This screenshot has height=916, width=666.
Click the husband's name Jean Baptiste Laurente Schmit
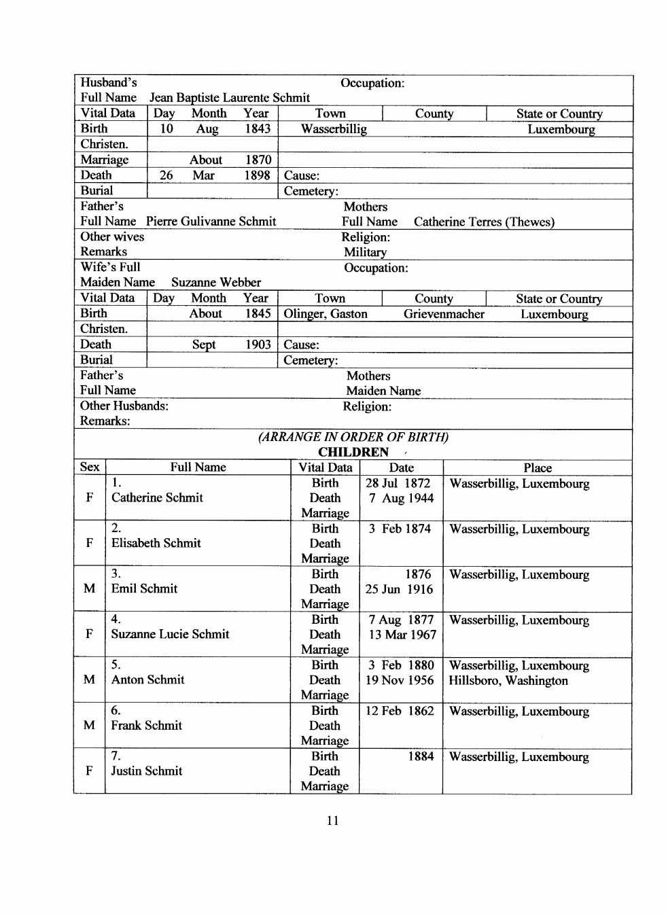[230, 98]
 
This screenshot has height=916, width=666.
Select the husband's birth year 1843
[258, 129]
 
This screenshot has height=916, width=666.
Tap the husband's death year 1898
[258, 175]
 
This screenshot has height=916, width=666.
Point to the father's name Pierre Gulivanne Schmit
[211, 222]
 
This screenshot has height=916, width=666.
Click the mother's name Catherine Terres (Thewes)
[484, 222]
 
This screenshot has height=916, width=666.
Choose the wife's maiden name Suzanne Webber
[216, 283]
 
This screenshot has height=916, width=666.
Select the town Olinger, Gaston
[326, 314]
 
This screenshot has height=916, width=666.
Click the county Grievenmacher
[444, 314]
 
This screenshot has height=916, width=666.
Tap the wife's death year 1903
[258, 345]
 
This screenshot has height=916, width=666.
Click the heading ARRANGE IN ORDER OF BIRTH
[353, 437]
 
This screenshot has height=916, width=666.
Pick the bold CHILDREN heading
[353, 453]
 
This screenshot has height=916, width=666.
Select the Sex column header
[90, 468]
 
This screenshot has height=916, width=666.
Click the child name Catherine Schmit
[157, 498]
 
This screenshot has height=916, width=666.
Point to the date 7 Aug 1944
[401, 498]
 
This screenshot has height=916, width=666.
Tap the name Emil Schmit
[144, 589]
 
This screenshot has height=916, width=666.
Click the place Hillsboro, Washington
[508, 681]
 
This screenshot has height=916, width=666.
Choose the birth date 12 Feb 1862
[400, 711]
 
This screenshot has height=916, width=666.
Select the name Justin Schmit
[147, 771]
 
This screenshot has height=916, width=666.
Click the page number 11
[332, 820]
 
